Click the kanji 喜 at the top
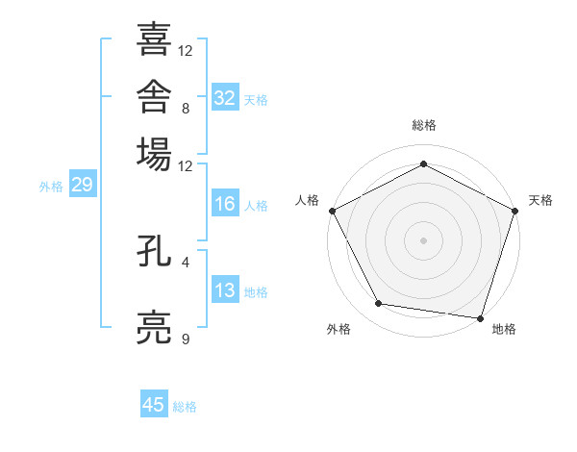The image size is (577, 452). (x=154, y=38)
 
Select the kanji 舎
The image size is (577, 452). (x=154, y=96)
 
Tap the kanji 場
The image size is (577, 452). (x=154, y=154)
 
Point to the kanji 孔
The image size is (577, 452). (x=154, y=251)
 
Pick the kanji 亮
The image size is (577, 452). (x=154, y=328)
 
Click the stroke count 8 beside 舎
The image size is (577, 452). (x=186, y=109)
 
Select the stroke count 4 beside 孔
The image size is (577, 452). (x=186, y=263)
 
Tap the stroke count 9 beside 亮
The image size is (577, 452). (x=186, y=339)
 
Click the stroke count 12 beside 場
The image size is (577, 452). (x=185, y=166)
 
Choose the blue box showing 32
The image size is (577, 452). (x=225, y=97)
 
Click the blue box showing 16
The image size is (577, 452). (x=225, y=203)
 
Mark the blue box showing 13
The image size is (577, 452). (x=225, y=289)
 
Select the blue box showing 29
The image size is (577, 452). (x=83, y=184)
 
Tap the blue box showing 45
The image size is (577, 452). (x=154, y=403)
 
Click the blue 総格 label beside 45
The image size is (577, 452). (x=185, y=407)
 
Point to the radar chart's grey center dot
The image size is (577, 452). (x=423, y=240)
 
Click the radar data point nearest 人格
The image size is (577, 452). (x=333, y=211)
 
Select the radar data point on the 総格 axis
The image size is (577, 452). (x=423, y=163)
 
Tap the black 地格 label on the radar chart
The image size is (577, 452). (x=504, y=329)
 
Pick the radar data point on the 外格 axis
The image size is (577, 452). (x=378, y=303)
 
